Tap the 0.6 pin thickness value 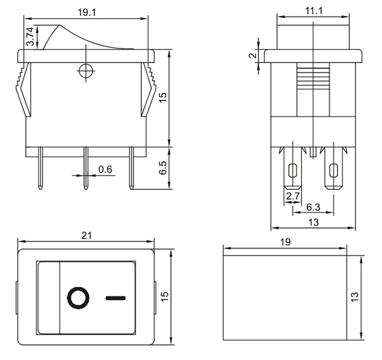click(105, 169)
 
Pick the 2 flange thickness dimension click(252, 56)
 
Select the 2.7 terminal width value click(293, 196)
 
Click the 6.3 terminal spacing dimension click(313, 208)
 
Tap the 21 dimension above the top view click(87, 235)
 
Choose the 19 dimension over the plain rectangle click(285, 242)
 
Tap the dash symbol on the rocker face click(117, 298)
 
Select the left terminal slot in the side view click(293, 171)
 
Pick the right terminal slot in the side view click(333, 171)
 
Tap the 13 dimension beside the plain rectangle click(354, 296)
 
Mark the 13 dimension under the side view click(313, 222)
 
